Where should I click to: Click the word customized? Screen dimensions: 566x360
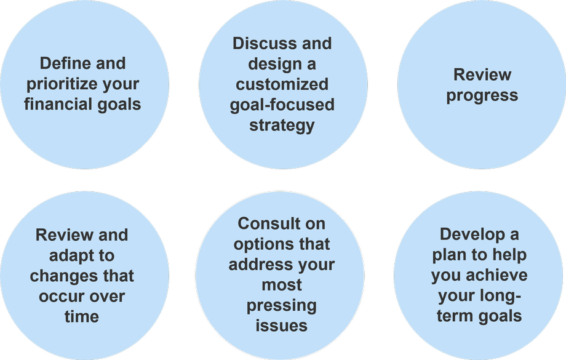coord(282,84)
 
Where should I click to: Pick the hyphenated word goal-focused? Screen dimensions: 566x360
coord(282,105)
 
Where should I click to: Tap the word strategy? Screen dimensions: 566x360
coord(282,126)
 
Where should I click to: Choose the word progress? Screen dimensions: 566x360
coord(482,95)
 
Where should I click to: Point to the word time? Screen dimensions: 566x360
coord(82,317)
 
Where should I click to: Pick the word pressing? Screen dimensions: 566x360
coord(282,306)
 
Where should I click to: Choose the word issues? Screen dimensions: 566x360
coord(282,326)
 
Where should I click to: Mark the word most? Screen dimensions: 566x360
coord(282,286)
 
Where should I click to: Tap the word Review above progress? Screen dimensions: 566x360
coord(482,74)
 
